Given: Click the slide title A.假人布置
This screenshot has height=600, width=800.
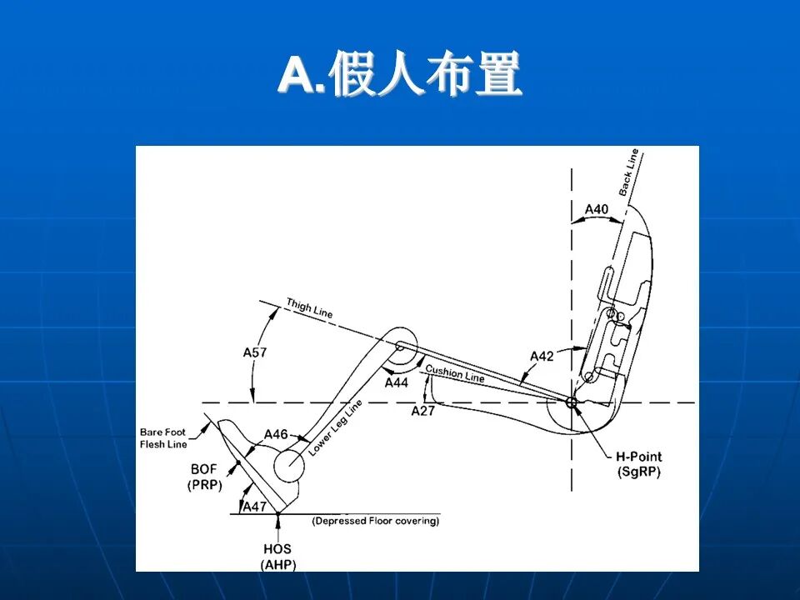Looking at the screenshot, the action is [400, 76].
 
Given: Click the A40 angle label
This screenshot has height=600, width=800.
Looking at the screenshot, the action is [597, 209].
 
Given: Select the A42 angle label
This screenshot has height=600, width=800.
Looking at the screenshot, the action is [542, 357].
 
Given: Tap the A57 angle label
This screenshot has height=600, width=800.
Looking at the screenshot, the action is [255, 352].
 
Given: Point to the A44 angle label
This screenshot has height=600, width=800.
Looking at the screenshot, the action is [397, 382].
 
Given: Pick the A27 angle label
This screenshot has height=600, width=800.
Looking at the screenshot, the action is [423, 410].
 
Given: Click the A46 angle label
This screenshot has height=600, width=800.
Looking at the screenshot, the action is [276, 434].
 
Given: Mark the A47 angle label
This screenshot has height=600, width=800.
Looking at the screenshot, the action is [254, 506].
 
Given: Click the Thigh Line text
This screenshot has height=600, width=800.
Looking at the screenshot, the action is [309, 307].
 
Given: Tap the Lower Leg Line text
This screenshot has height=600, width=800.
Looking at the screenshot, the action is [336, 428].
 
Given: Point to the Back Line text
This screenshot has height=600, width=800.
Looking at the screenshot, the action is [629, 172].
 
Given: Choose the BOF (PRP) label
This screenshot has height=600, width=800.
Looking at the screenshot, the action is [204, 477].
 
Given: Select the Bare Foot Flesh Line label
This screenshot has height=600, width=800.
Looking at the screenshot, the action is [163, 438].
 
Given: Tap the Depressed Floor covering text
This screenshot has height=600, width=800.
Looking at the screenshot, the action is [376, 522].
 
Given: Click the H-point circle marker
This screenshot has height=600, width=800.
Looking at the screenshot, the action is [572, 402].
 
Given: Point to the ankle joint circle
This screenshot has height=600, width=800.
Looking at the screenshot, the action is [287, 460].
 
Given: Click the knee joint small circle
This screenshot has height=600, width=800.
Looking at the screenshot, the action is [401, 346].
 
